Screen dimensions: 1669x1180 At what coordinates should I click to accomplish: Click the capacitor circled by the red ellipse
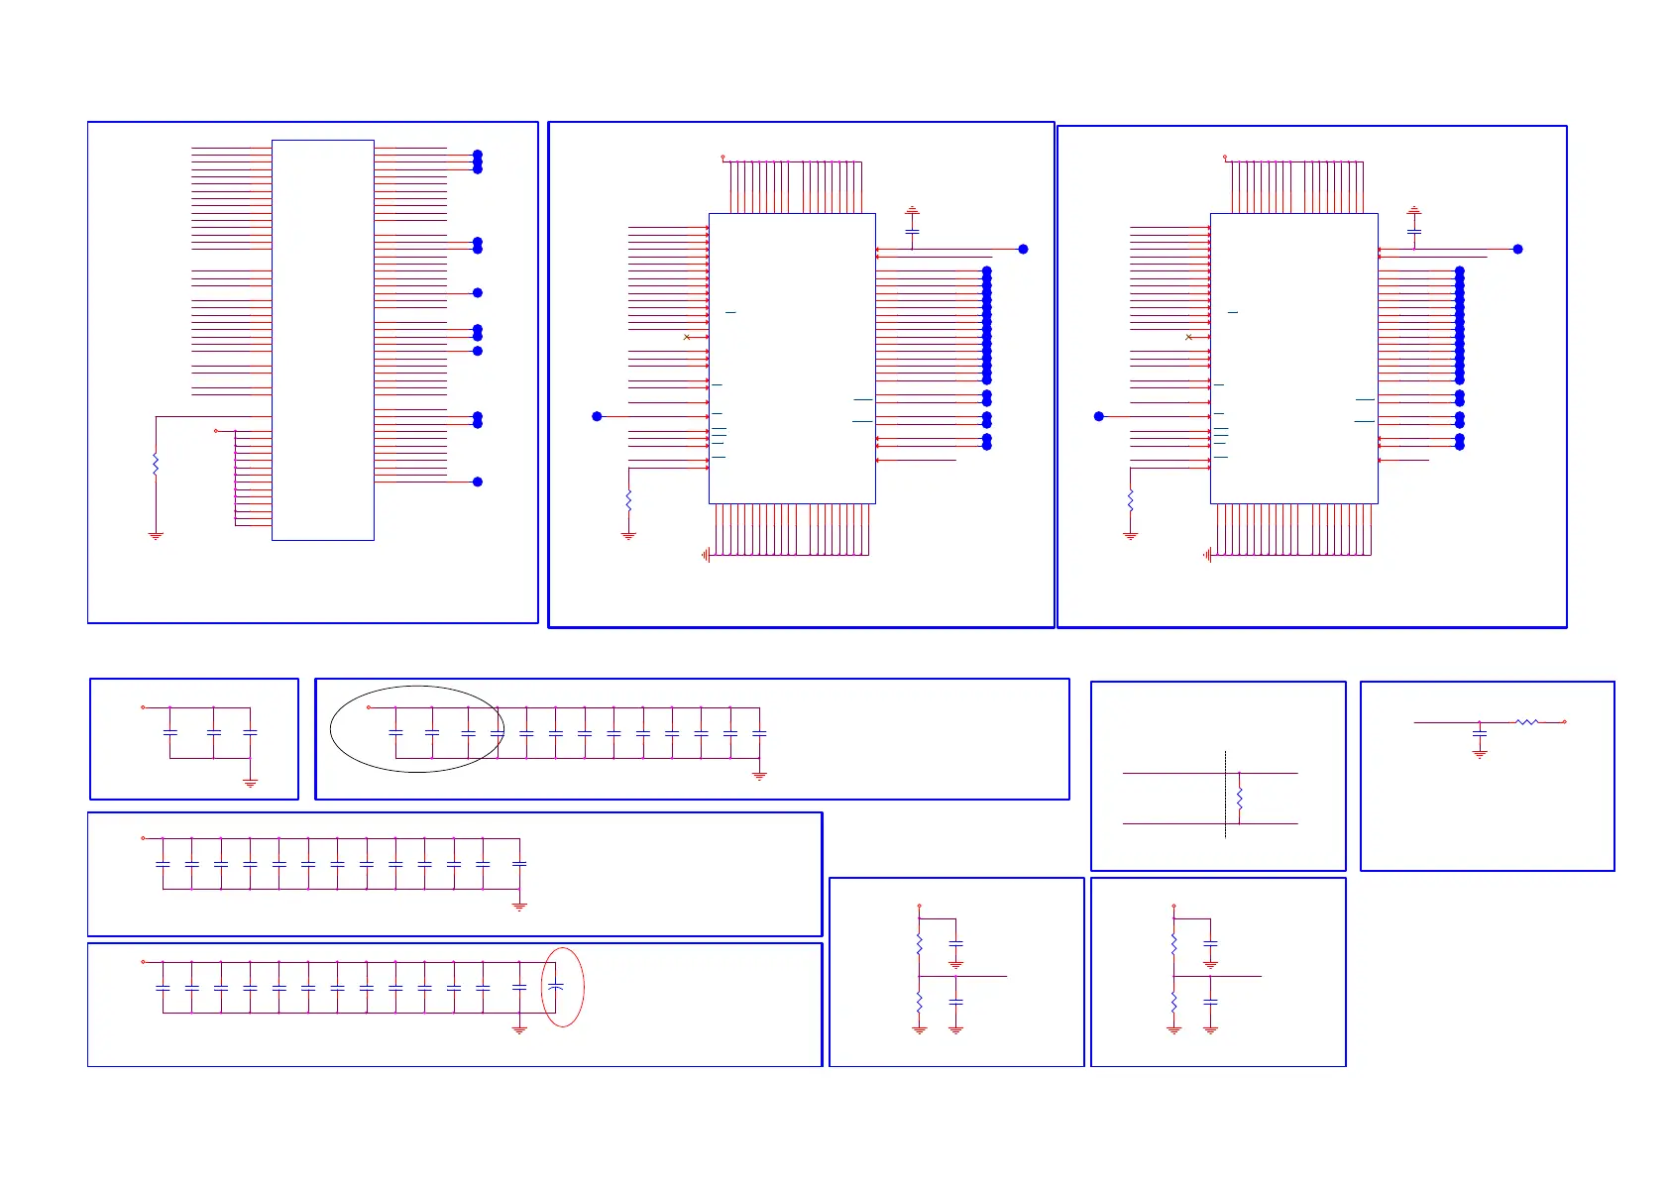(x=556, y=987)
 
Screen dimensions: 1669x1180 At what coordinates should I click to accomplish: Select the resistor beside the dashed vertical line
(x=1239, y=799)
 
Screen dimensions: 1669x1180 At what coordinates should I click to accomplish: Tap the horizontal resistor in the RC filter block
(x=1526, y=722)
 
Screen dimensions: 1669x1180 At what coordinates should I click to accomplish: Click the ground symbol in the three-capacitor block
(x=250, y=783)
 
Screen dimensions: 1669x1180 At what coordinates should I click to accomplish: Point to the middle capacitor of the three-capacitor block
(x=214, y=732)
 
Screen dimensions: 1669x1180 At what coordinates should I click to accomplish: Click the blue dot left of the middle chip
(x=597, y=416)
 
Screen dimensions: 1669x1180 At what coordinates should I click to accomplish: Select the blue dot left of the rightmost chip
(x=1099, y=416)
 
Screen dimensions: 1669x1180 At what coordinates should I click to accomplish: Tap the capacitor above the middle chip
(x=912, y=231)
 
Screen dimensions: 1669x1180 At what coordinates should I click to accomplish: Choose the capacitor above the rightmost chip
(x=1414, y=231)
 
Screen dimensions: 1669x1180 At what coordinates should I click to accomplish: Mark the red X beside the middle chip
(x=687, y=337)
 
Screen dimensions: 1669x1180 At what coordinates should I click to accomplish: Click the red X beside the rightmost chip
(x=1189, y=337)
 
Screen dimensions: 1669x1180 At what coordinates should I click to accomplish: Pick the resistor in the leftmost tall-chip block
(x=156, y=464)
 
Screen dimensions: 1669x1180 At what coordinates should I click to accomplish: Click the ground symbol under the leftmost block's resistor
(x=156, y=536)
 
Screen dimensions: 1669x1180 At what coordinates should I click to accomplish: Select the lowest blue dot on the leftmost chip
(x=478, y=482)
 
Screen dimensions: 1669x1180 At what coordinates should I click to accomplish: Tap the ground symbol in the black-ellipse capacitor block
(x=759, y=776)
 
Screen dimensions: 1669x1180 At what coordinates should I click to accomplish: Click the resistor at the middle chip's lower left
(x=628, y=501)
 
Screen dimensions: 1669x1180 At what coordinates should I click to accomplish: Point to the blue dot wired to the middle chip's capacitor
(x=1023, y=249)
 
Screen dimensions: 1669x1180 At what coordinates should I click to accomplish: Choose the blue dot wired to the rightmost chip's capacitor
(x=1517, y=249)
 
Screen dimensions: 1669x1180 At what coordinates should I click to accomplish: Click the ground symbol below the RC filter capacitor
(x=1480, y=755)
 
